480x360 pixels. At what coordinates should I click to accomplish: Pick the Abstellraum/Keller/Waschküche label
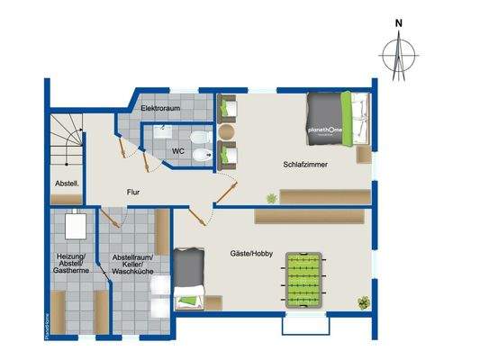[x=131, y=267]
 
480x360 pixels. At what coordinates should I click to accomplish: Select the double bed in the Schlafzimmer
[x=331, y=121]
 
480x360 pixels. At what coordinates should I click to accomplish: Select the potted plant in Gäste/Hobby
[x=364, y=301]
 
